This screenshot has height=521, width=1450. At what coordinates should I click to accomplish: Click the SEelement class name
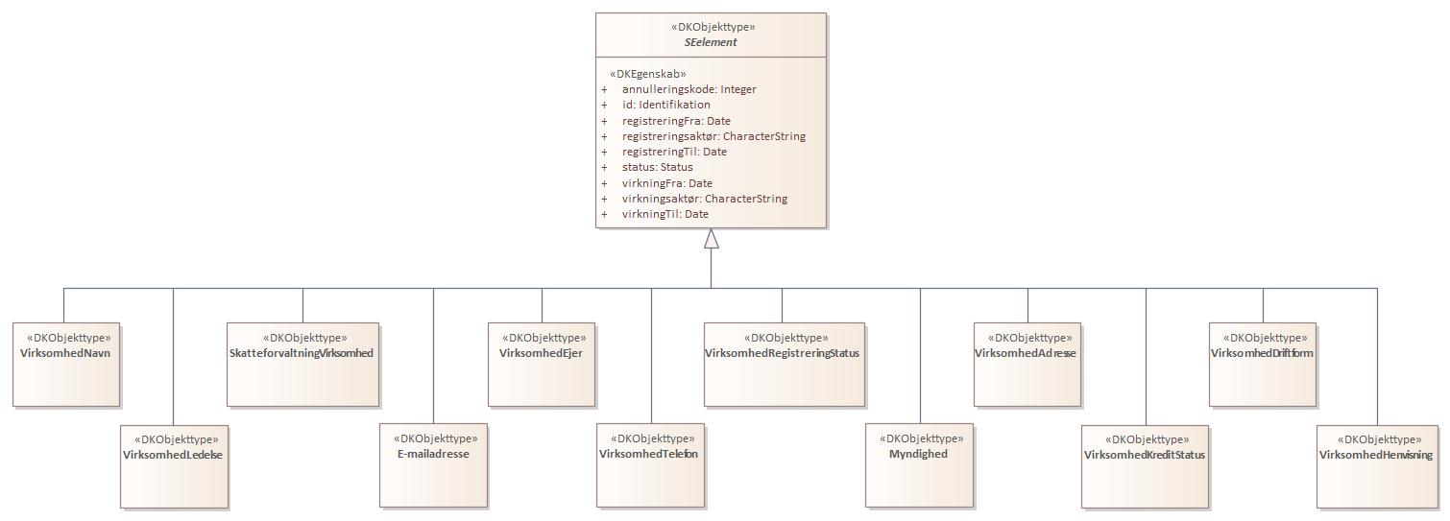(711, 43)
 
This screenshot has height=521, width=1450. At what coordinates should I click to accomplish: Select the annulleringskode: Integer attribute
(689, 89)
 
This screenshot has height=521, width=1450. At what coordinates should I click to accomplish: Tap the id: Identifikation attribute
(665, 105)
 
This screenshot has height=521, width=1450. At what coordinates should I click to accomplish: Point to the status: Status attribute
(657, 167)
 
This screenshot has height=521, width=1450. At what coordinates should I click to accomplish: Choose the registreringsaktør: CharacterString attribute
(713, 136)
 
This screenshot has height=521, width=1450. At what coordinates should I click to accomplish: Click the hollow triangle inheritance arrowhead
(711, 239)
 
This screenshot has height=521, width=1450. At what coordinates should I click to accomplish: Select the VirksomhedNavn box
(66, 364)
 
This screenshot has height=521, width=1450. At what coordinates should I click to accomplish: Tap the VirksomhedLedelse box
(174, 465)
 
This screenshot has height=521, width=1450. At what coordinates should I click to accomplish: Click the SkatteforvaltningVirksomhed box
(303, 364)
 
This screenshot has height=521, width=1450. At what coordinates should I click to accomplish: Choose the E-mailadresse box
(433, 465)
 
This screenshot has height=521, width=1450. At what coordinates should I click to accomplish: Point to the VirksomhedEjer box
(541, 364)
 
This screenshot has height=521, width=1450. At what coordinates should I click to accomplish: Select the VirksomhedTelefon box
(650, 465)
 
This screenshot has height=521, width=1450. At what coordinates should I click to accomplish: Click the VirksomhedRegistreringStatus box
(784, 364)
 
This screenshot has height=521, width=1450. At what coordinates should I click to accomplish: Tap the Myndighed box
(919, 465)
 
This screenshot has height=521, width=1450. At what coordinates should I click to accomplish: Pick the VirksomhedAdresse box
(1027, 364)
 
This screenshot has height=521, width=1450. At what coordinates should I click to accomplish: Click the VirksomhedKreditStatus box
(1145, 465)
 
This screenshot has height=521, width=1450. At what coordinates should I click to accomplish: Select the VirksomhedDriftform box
(1262, 364)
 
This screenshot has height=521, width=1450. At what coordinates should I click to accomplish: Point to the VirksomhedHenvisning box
(1376, 465)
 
